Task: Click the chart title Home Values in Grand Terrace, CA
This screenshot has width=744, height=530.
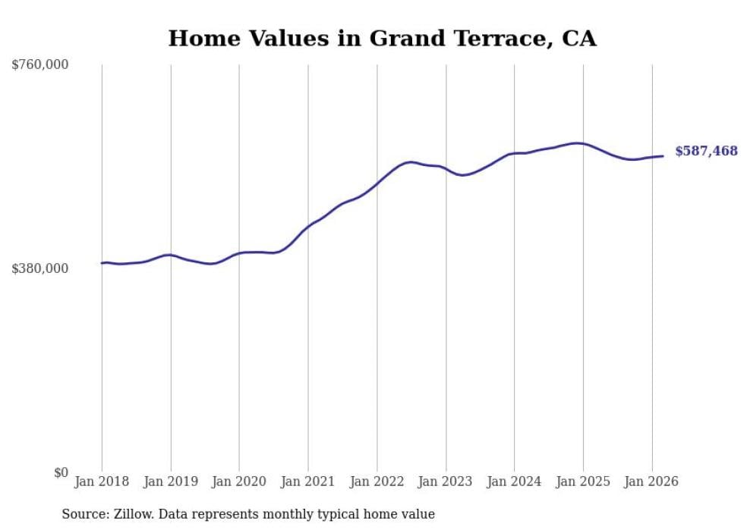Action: pos(382,39)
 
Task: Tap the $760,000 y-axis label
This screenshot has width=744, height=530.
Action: pos(40,65)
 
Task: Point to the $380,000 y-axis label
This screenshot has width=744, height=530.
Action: pos(40,268)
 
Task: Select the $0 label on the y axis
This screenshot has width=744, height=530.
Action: pos(61,472)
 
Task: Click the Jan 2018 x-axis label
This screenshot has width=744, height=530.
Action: pos(102,481)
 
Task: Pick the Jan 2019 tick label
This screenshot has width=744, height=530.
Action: pos(171,481)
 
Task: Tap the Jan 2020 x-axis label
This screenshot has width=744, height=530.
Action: pos(239,481)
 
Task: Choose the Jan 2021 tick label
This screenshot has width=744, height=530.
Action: pos(308,481)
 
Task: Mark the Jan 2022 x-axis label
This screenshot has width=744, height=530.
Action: pos(377,481)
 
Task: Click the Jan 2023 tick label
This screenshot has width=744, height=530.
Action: pos(446,481)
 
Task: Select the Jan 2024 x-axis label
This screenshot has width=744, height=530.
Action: pos(514,481)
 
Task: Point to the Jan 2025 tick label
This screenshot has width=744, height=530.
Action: pos(583,481)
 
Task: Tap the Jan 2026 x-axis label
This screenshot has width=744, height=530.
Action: pos(651,481)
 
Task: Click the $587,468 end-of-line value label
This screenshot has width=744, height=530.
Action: pos(706,152)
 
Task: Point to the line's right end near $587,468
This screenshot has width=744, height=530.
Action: pos(663,156)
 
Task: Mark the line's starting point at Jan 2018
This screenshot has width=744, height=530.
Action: pos(102,263)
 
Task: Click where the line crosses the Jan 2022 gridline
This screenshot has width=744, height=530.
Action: pos(377,183)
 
